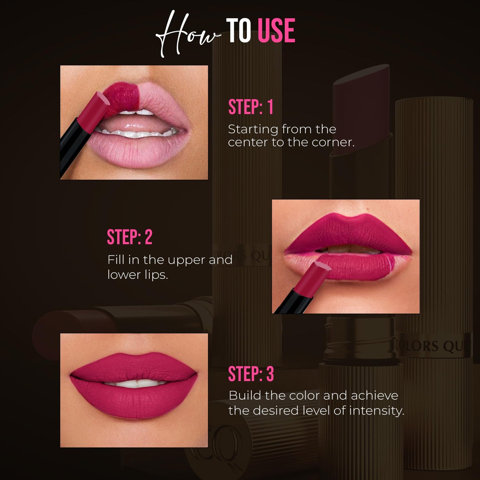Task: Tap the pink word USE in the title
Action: (276, 31)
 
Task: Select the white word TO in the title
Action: (239, 31)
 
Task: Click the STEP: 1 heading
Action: (251, 107)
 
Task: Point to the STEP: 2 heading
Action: (130, 237)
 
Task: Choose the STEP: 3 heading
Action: (251, 374)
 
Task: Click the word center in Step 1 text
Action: (243, 143)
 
